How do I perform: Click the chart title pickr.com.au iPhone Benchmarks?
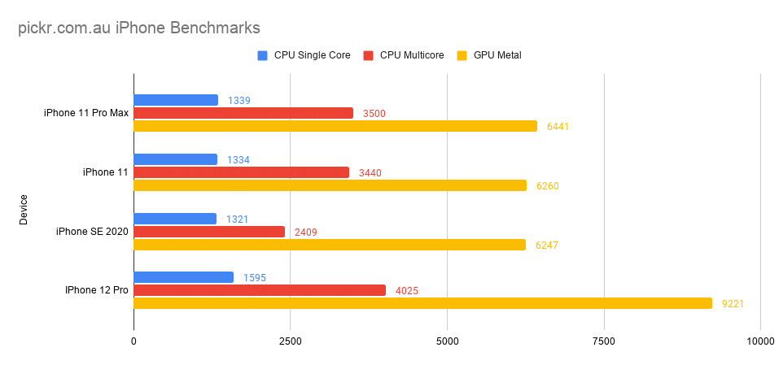[x=139, y=28]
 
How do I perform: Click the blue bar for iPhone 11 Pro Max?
[x=176, y=100]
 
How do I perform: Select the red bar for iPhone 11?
[x=242, y=172]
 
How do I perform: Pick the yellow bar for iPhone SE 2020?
[x=330, y=245]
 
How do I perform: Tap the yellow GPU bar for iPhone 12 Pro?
[x=422, y=303]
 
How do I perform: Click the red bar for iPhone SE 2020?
[x=209, y=232]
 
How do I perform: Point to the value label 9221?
[x=733, y=304]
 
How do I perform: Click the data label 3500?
[x=374, y=114]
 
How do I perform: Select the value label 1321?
[x=238, y=219]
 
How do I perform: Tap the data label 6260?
[x=547, y=186]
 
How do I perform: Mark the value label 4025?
[x=406, y=291]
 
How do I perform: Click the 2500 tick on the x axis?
[x=291, y=341]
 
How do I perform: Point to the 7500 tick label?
[x=604, y=341]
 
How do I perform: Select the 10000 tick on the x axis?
[x=759, y=341]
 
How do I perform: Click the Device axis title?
[x=24, y=209]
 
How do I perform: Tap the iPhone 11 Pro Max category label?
[x=86, y=113]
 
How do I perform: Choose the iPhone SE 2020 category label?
[x=92, y=232]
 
